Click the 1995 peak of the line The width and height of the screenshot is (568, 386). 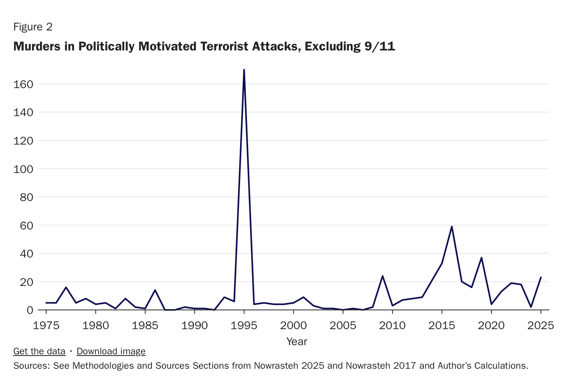tap(244, 70)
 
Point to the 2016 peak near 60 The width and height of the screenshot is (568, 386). tap(452, 227)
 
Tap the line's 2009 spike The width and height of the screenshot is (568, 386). tap(382, 276)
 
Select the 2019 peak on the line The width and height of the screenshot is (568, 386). tap(481, 257)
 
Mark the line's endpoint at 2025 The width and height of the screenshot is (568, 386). tap(541, 277)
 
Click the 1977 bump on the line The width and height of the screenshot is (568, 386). tap(66, 287)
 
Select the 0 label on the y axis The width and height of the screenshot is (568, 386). tap(30, 310)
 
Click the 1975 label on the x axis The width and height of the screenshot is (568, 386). tap(46, 326)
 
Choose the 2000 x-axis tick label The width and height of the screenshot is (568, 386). tap(293, 326)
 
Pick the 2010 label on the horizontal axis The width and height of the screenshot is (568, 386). tap(392, 326)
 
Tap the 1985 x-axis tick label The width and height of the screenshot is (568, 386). tap(145, 326)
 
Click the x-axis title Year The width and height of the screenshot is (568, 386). tap(297, 342)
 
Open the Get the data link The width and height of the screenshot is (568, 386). tap(39, 352)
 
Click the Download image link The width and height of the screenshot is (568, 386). tap(111, 352)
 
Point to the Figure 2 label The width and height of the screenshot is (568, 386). tap(33, 27)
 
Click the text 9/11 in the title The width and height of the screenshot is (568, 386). tap(380, 46)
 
